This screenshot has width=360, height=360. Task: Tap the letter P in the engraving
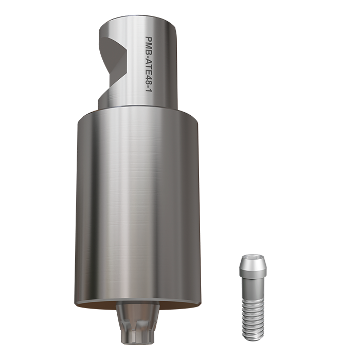[x=149, y=40]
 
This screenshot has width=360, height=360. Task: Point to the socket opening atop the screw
[x=252, y=257]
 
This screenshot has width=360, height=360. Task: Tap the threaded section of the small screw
[x=252, y=316]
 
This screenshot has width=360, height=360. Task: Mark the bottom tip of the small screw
[x=252, y=338]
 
